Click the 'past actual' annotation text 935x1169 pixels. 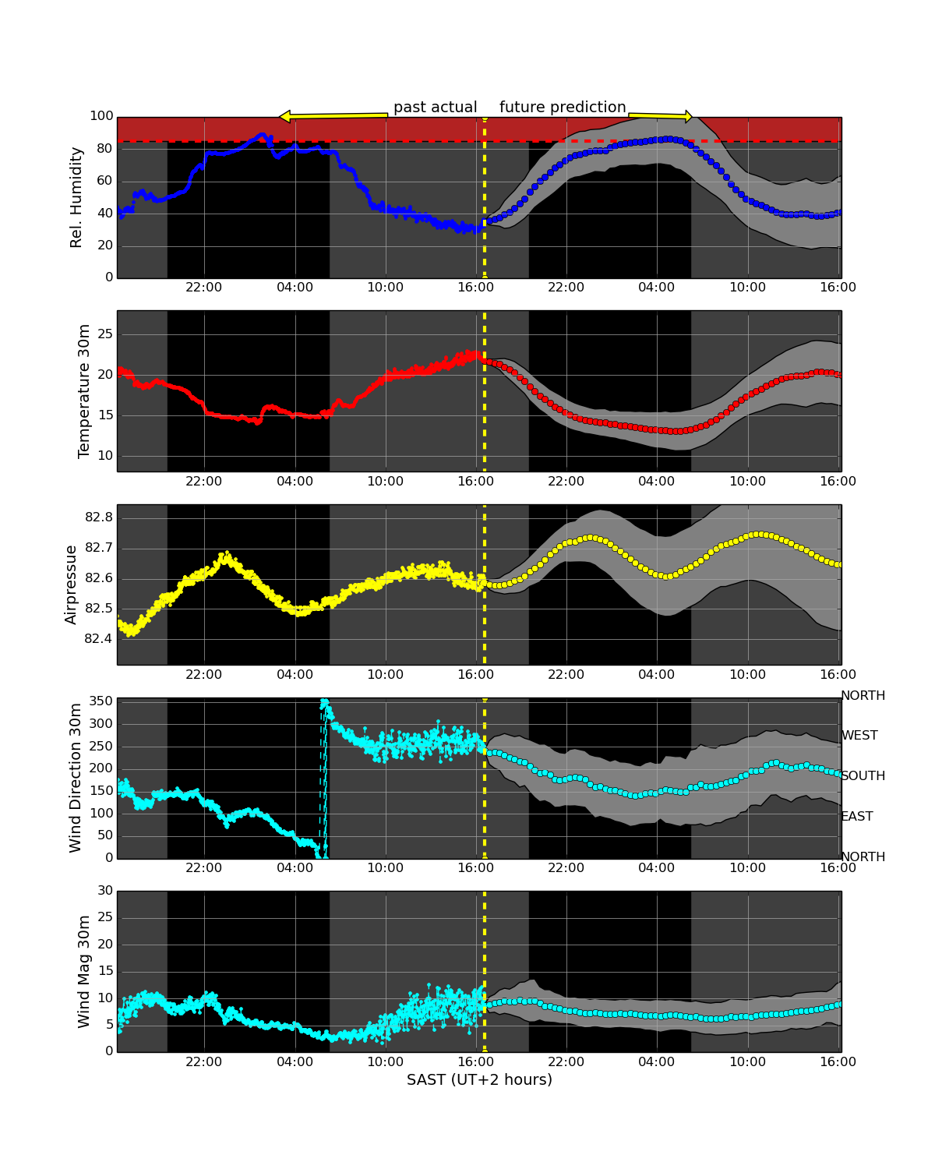[435, 108]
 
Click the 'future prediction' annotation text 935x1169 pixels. [563, 108]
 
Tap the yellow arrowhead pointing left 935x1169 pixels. [285, 117]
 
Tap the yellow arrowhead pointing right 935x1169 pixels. [687, 116]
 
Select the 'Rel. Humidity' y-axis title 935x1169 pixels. [76, 197]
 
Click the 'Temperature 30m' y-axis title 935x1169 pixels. [84, 391]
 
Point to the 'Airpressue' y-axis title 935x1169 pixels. [71, 584]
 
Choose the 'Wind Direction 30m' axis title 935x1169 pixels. [76, 778]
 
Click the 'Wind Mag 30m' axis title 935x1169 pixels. [84, 972]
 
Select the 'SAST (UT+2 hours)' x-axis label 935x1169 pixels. [479, 1080]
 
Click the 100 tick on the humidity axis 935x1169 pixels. [101, 116]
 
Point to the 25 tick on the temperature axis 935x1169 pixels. [104, 334]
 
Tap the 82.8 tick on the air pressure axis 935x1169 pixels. [98, 517]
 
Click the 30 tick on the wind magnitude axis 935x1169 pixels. [104, 891]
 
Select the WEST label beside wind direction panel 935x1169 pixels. [859, 736]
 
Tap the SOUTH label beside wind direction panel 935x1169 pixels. [863, 776]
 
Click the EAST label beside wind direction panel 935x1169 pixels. [857, 817]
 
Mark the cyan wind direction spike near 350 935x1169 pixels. [325, 704]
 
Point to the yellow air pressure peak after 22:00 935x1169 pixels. [226, 556]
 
